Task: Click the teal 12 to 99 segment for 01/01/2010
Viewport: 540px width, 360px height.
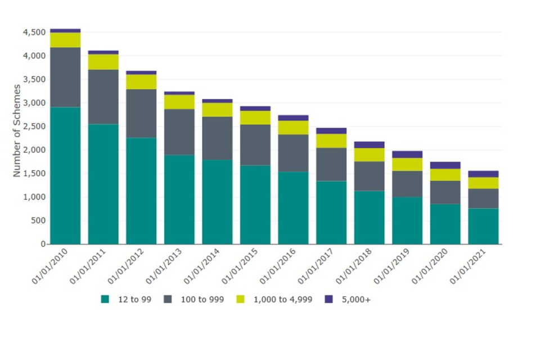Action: click(65, 175)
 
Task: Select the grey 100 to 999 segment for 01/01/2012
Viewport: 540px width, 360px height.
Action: click(141, 114)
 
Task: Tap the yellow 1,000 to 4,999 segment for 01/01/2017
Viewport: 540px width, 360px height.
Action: click(331, 141)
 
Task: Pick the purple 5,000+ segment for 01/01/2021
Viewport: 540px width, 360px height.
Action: click(483, 174)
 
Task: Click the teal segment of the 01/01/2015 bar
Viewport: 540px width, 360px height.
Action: click(255, 205)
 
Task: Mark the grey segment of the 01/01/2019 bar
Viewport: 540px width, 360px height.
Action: click(407, 184)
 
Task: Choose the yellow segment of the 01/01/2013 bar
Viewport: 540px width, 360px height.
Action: click(179, 102)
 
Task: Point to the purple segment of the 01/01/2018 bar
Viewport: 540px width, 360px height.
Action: click(370, 145)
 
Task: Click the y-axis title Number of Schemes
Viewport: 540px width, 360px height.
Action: click(17, 130)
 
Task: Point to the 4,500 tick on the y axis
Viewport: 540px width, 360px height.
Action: click(34, 33)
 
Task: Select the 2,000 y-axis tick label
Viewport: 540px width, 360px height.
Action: click(34, 150)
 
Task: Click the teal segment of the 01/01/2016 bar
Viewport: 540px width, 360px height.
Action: click(293, 208)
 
